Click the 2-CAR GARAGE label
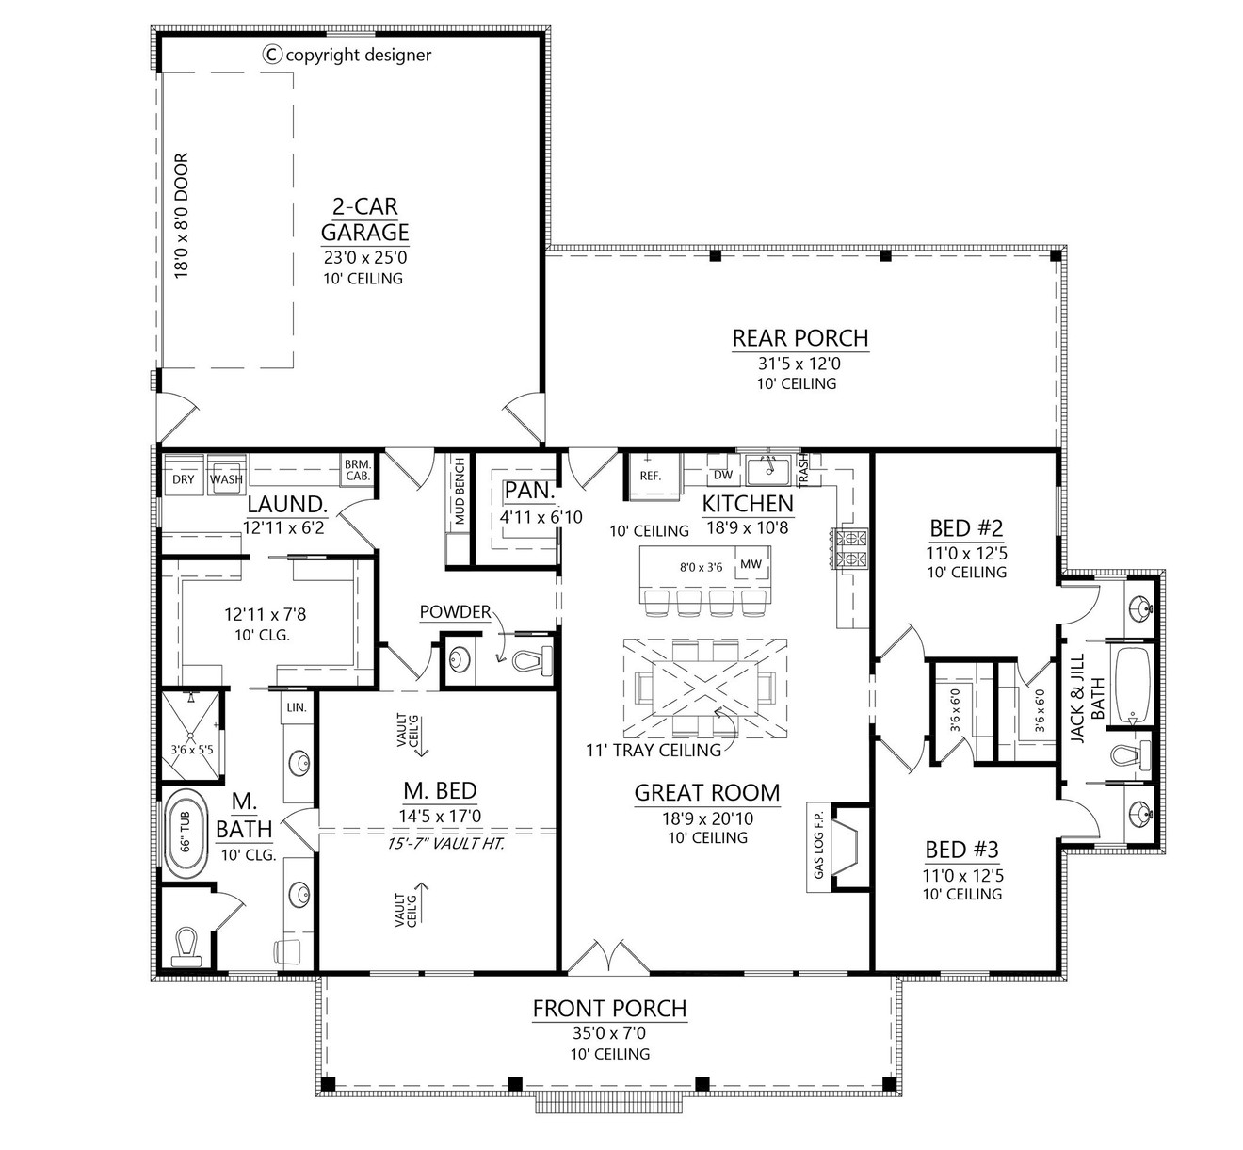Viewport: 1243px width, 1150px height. [364, 219]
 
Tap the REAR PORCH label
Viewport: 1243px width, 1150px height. [799, 337]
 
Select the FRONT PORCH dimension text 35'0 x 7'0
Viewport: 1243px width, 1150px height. [609, 1033]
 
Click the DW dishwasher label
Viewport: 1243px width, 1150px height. [722, 476]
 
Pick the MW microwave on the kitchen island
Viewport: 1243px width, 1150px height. [751, 564]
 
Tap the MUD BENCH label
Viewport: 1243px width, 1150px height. [460, 492]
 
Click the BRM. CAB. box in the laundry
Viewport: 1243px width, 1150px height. [357, 470]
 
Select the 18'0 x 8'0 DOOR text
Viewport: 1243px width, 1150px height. [182, 215]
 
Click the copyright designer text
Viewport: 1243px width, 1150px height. [347, 55]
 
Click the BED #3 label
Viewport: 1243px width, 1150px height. [961, 850]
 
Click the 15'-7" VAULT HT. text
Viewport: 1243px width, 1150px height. [446, 843]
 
